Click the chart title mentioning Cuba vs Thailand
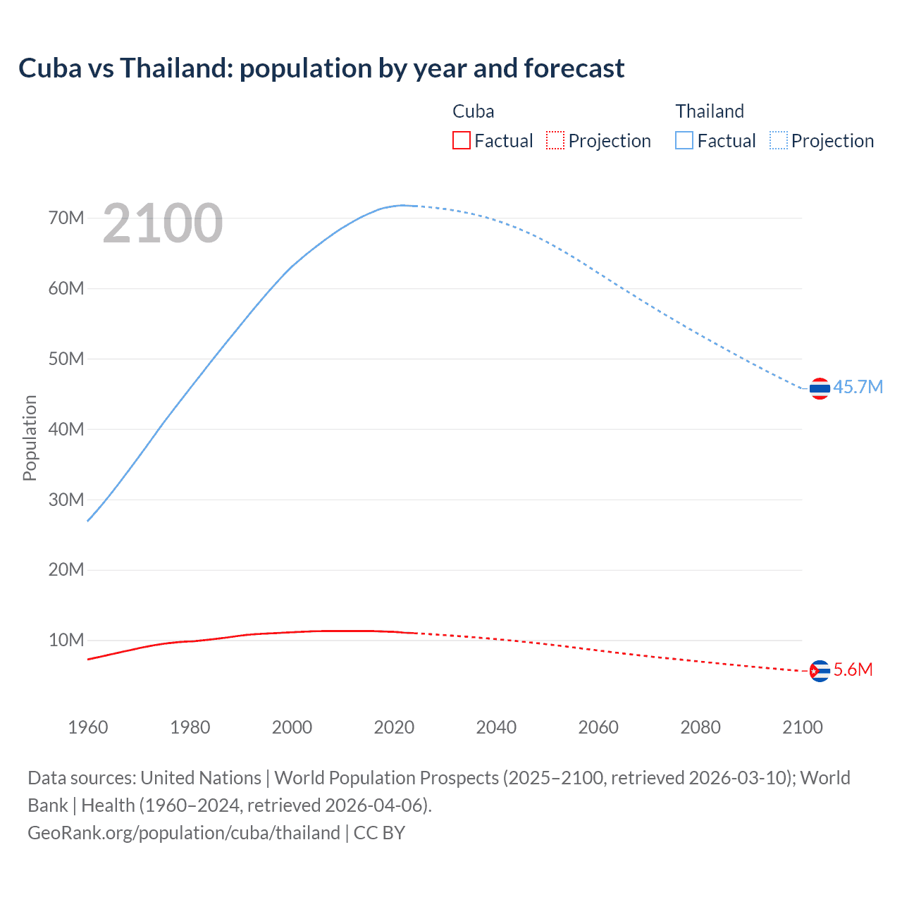coord(321,68)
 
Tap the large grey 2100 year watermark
coord(163,223)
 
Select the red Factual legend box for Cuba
coord(461,140)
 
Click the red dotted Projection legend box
coord(555,140)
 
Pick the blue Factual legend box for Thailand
coord(684,140)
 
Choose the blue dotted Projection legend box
coord(779,140)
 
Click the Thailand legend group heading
coord(710,111)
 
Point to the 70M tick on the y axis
coord(66,218)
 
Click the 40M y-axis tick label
coord(66,429)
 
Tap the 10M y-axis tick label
coord(66,640)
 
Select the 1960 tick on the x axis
coord(88,727)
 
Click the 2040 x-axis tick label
coord(496,727)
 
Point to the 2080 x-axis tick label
coord(700,727)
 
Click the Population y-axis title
coord(30,438)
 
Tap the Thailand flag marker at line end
coord(820,388)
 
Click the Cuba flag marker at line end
coord(820,671)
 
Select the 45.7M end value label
coord(858,387)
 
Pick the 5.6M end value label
coord(853,669)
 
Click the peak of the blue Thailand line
coord(403,205)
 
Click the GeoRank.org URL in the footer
coord(184,832)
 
